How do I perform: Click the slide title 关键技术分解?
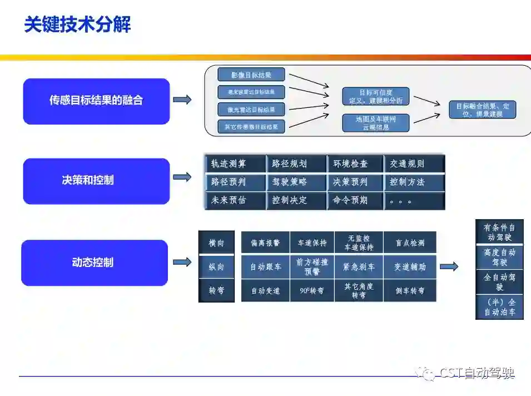tap(77, 25)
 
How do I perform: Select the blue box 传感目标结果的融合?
tap(96, 101)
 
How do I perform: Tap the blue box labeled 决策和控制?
tap(96, 181)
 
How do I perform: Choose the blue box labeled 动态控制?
tap(95, 263)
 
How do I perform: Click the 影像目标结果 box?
tap(251, 75)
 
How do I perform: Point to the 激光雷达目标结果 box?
tap(251, 109)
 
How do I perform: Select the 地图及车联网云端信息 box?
tap(376, 123)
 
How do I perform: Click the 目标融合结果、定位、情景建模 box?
tap(483, 110)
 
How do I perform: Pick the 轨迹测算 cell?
tap(234, 164)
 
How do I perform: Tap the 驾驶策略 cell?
tap(296, 182)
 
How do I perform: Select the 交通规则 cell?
tap(414, 164)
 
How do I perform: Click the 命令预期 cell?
tap(355, 200)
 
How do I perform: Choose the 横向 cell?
tap(216, 243)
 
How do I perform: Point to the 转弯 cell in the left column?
tap(216, 290)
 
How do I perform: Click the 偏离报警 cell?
tap(265, 243)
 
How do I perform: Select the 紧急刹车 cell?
tap(359, 267)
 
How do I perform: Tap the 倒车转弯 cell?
tap(410, 291)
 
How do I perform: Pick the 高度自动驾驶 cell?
tap(499, 257)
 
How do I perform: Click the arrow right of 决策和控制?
tap(182, 177)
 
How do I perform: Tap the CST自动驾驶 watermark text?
tap(477, 373)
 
